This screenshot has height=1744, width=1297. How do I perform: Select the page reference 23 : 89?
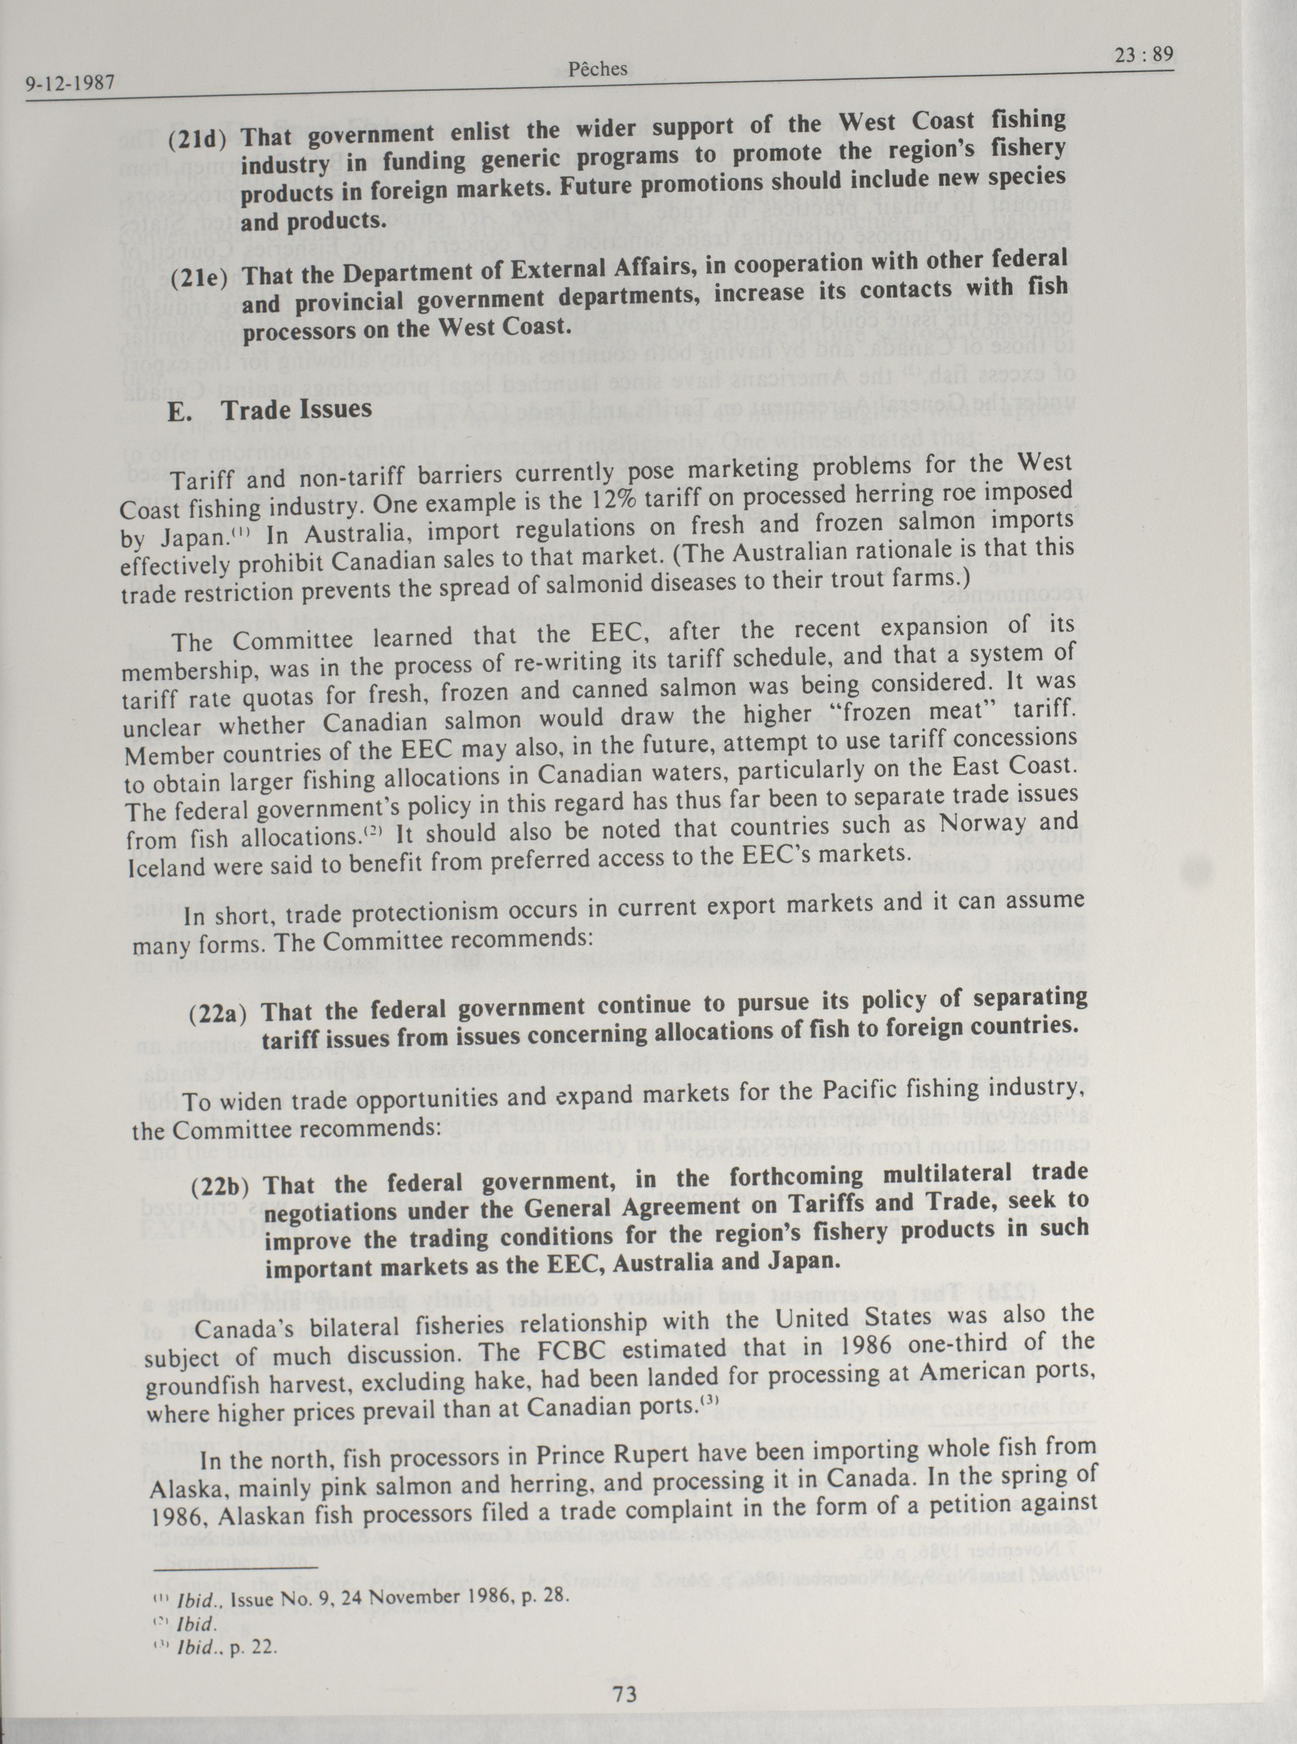point(1143,54)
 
